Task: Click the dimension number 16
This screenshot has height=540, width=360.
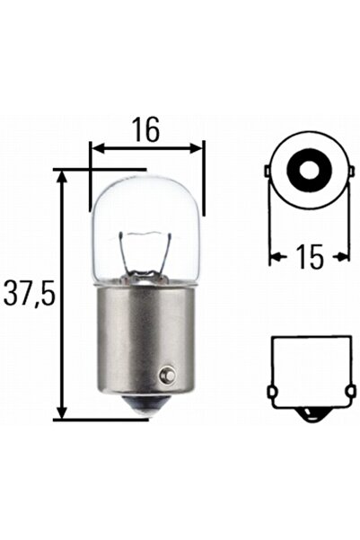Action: [x=147, y=129]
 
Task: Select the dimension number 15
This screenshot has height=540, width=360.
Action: [x=308, y=257]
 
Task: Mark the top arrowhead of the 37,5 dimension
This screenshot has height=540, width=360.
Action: [x=62, y=176]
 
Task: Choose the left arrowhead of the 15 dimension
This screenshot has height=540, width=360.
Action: [x=274, y=257]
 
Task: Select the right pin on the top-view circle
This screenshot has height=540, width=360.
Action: [x=347, y=171]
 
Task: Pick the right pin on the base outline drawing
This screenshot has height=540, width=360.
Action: [x=347, y=392]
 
